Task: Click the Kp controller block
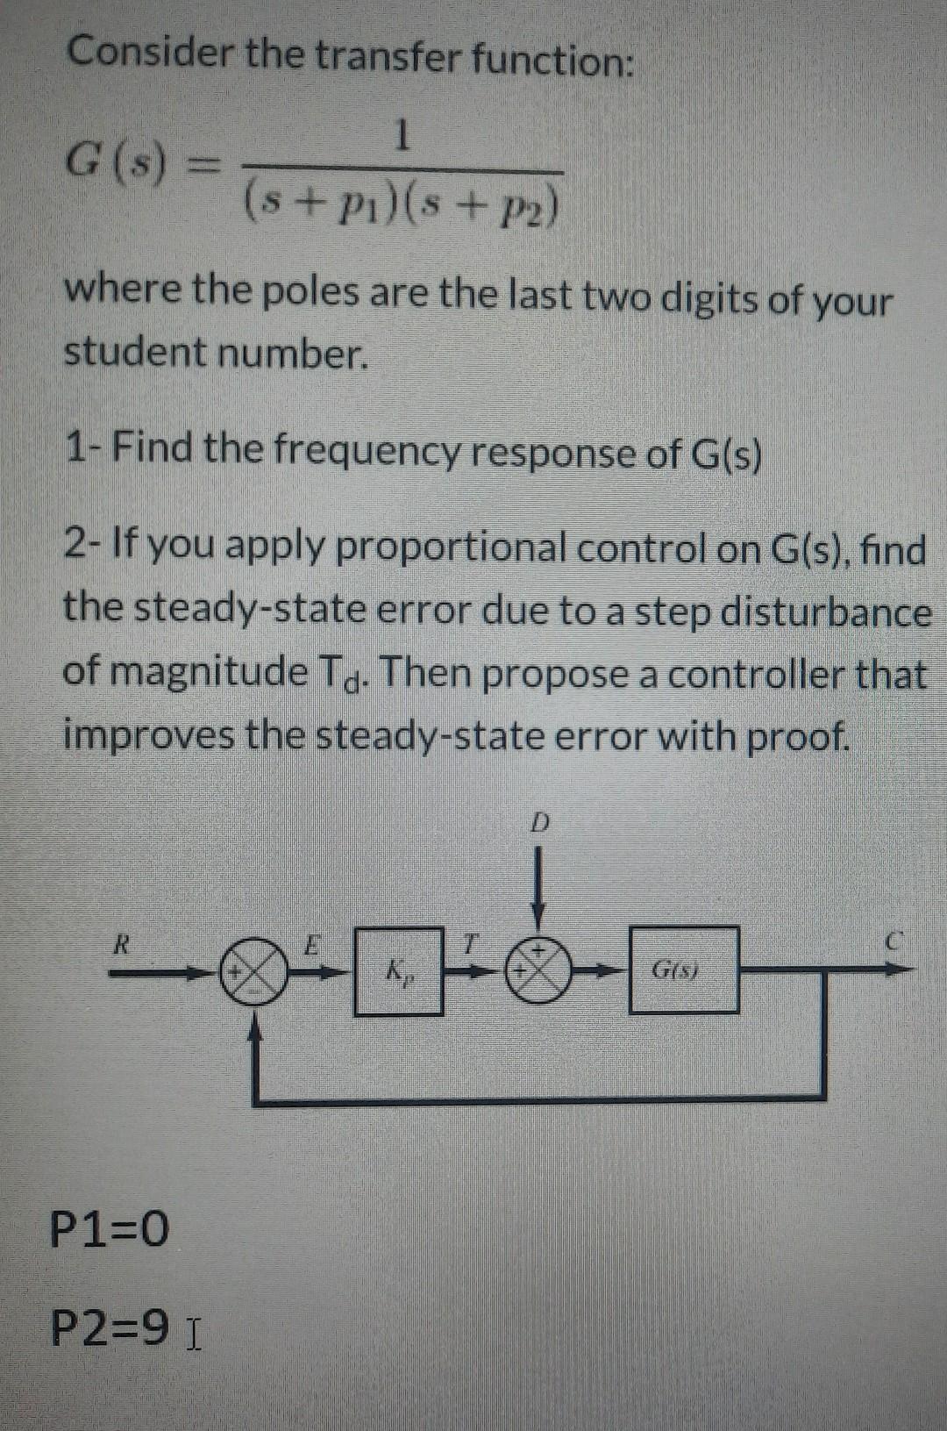coord(398,971)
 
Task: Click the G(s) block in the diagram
coord(684,970)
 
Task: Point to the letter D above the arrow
coord(541,823)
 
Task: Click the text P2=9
coord(110,1328)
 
